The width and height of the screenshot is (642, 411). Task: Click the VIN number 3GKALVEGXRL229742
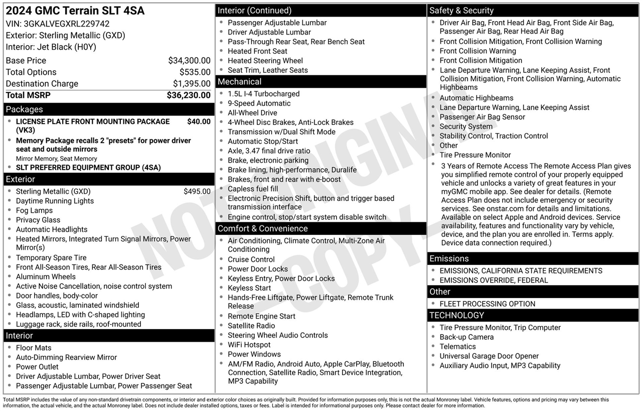click(67, 24)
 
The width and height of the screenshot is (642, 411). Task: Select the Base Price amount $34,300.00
click(189, 61)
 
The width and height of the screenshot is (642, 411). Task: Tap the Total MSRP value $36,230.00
click(189, 95)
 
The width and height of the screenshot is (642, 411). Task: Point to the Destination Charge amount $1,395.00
click(192, 84)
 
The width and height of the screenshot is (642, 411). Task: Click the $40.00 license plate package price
click(199, 121)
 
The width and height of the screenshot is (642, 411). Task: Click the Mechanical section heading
click(239, 82)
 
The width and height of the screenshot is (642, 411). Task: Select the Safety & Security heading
click(461, 11)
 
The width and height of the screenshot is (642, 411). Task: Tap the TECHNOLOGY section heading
click(456, 315)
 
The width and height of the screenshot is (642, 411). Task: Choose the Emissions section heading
click(449, 258)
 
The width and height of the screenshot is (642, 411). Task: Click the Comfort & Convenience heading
click(262, 229)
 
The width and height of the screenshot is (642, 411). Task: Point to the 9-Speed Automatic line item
click(259, 103)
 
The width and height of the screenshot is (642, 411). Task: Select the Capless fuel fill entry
click(253, 189)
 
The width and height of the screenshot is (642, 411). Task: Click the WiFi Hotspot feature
click(249, 345)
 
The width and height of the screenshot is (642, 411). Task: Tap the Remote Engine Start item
click(261, 316)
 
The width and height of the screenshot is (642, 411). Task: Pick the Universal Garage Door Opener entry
click(489, 356)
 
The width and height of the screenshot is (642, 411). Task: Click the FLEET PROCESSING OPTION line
click(487, 304)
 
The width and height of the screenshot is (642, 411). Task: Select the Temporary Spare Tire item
click(51, 258)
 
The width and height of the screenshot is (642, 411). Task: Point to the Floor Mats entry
click(34, 348)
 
